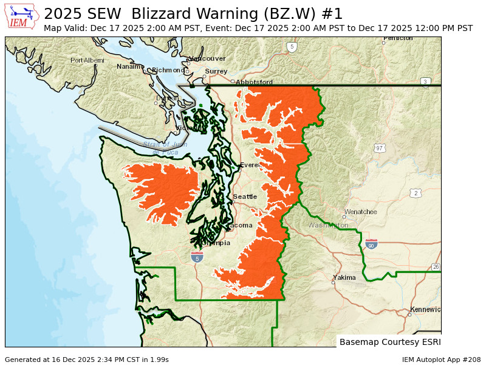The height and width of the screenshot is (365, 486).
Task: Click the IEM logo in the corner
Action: point(22,16)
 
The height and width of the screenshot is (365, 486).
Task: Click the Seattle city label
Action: point(245,196)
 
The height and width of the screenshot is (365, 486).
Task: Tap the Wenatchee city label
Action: point(360,212)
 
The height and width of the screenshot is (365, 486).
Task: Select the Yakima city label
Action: point(344,277)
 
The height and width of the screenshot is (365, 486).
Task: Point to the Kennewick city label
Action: point(425,310)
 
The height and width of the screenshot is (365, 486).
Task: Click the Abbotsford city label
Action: point(254,82)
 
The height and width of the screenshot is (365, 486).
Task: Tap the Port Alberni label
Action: point(87,60)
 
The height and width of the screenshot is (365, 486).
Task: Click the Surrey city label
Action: point(216,71)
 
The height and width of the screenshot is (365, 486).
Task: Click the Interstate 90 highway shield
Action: point(372,244)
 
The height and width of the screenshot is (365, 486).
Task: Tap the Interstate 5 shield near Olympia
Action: point(197,257)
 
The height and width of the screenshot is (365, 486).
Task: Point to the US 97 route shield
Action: point(380,148)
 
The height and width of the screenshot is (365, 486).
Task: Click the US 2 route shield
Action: point(416,193)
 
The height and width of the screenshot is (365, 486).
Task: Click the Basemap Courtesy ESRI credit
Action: point(389,342)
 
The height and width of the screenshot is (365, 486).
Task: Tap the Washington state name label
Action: point(329,225)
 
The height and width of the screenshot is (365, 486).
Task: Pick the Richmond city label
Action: point(168,70)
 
